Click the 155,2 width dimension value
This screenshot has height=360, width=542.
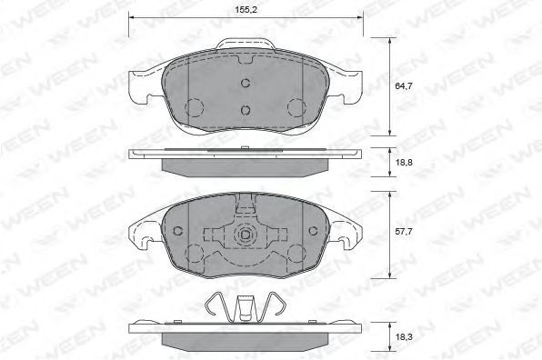click(246, 10)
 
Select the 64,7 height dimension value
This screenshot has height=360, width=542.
click(404, 85)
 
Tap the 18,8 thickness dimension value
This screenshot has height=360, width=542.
click(404, 162)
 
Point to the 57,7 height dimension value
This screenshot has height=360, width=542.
click(404, 232)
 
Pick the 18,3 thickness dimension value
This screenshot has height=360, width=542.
click(404, 336)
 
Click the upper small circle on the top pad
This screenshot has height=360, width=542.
click(246, 83)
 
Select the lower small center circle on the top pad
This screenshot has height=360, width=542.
click(246, 110)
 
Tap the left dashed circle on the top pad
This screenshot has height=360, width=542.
click(194, 107)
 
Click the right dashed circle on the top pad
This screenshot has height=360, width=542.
click(297, 107)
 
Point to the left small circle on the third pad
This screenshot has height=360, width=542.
click(177, 231)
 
